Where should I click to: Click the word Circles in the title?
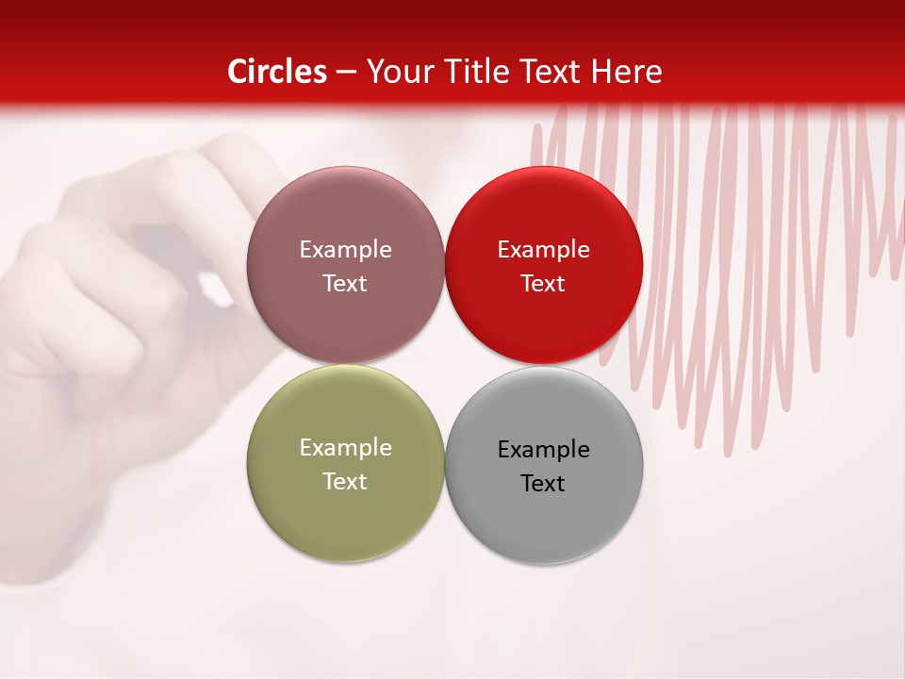pos(276,72)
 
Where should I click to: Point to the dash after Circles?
pos(346,73)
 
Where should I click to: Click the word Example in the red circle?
pos(544,250)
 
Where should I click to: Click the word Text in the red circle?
pos(544,283)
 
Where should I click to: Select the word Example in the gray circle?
pos(544,449)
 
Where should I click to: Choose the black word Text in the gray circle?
pos(544,483)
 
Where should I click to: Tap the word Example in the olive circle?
pos(345,448)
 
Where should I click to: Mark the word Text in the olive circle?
pos(345,481)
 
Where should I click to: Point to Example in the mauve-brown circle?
pos(345,250)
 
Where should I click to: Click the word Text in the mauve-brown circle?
pos(345,283)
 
